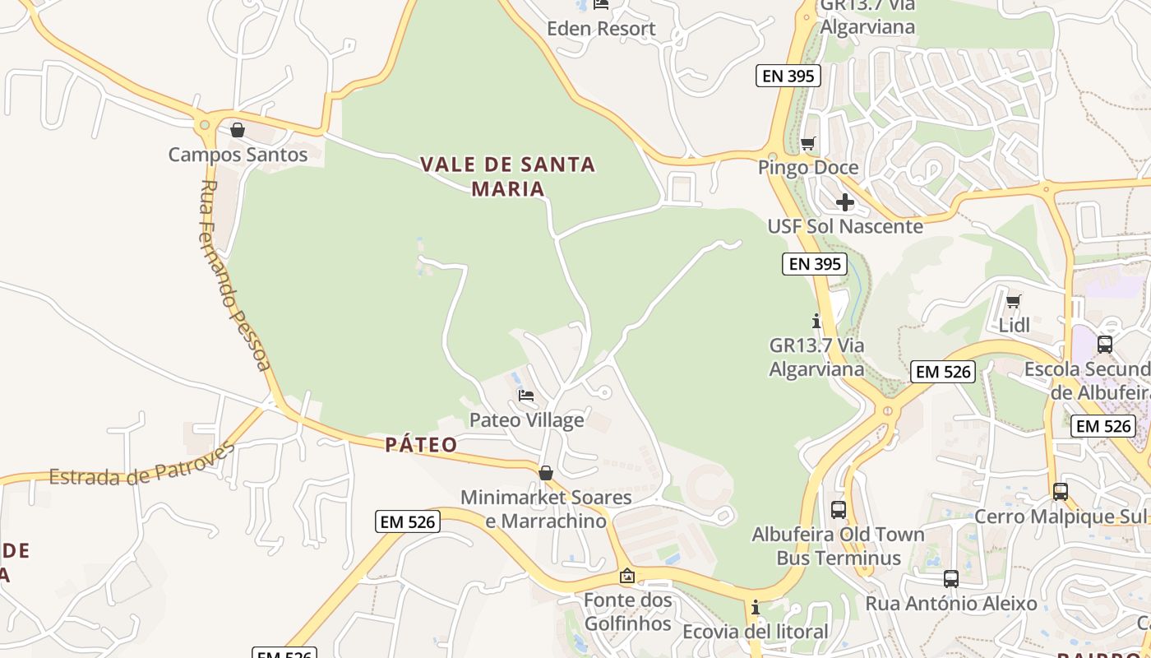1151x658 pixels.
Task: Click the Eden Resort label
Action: [x=602, y=29]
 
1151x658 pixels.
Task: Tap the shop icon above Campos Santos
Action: [x=238, y=130]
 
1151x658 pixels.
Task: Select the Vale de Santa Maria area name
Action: [x=508, y=176]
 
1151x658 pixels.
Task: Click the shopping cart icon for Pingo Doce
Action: [x=808, y=144]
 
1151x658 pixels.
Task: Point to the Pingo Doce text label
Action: [x=808, y=168]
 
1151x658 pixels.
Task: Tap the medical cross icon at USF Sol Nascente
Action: [x=845, y=202]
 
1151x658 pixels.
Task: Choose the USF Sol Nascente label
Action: [x=845, y=226]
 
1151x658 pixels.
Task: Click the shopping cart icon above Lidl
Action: [x=1014, y=302]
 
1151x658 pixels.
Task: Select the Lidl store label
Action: [x=1014, y=326]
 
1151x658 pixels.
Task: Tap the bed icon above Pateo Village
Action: [x=526, y=396]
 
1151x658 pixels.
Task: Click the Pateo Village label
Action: [x=526, y=420]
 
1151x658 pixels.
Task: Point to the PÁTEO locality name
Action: [x=421, y=445]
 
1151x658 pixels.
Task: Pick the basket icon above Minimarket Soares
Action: [x=545, y=473]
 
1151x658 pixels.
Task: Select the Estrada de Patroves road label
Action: [x=142, y=465]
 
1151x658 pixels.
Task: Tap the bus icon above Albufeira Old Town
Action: [x=839, y=509]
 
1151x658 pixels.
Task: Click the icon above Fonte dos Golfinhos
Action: [x=627, y=576]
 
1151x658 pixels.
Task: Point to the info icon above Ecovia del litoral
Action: [x=756, y=608]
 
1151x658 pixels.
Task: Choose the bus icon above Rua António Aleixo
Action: [x=951, y=579]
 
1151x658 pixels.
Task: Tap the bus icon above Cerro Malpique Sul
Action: [x=1061, y=492]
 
